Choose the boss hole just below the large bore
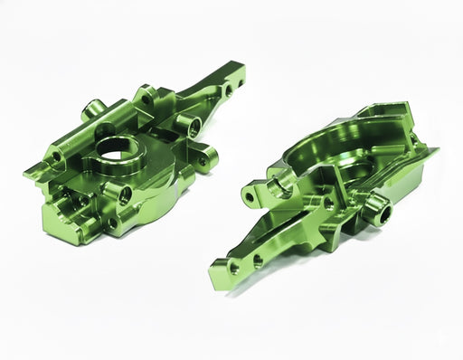tap(124, 193)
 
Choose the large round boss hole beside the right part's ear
tap(280, 183)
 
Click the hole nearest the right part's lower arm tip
tap(234, 268)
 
